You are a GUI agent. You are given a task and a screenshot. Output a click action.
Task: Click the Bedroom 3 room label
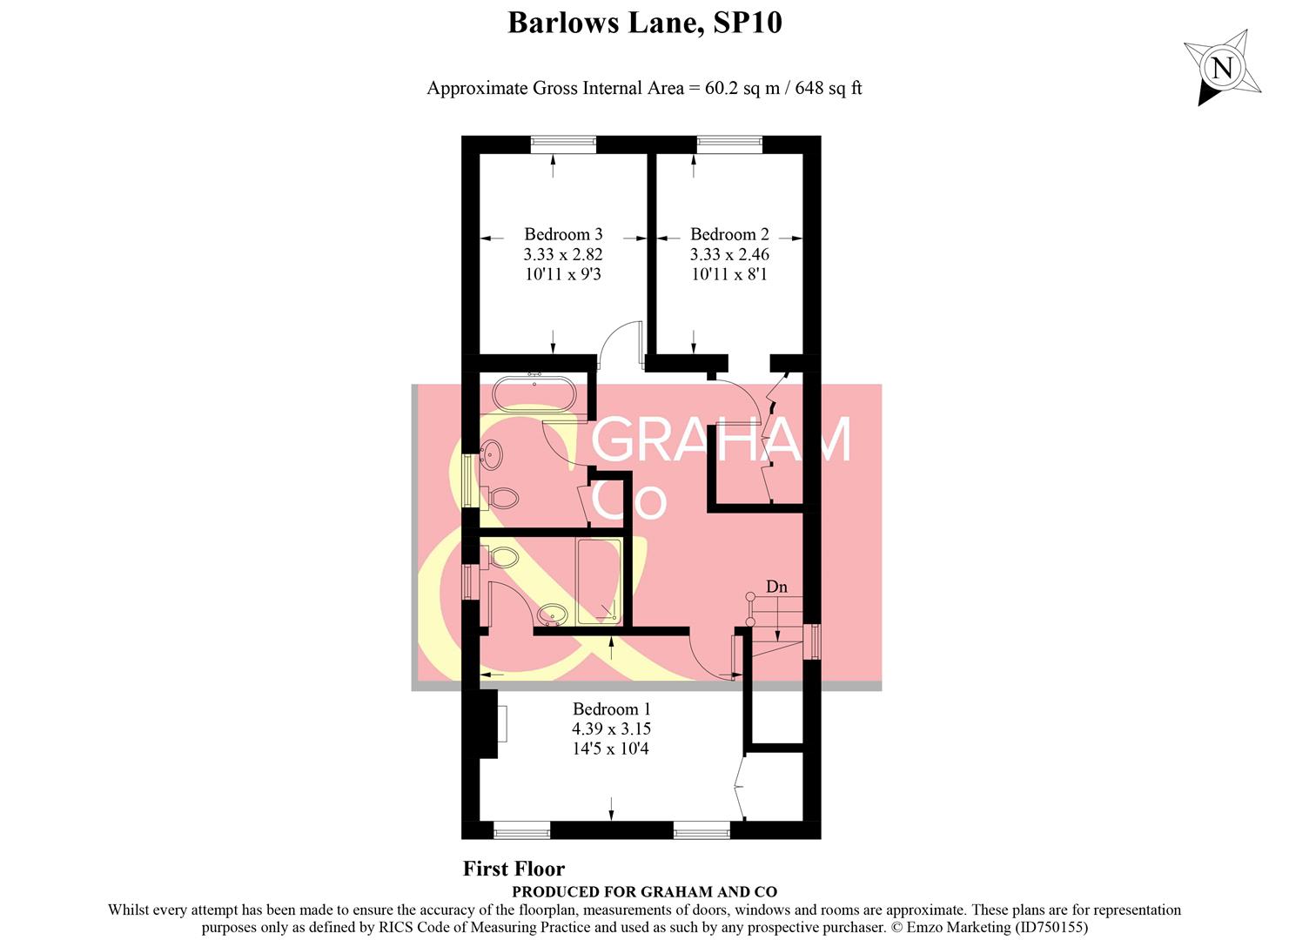[x=563, y=234]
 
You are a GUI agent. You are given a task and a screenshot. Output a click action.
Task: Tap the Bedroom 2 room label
[x=729, y=234]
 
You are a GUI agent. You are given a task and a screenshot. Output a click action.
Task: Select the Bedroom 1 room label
[x=611, y=709]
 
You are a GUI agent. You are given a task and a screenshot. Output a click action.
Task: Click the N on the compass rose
[x=1223, y=68]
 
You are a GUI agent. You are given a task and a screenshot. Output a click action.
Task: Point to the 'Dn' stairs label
[x=776, y=587]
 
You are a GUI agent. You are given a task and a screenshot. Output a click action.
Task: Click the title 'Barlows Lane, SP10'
[x=644, y=23]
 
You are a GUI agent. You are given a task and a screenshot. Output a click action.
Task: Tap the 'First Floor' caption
[x=514, y=869]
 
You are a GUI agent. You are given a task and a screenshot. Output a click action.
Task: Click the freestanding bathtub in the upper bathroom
[x=534, y=393]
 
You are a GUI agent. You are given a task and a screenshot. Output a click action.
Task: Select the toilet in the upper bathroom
[x=502, y=499]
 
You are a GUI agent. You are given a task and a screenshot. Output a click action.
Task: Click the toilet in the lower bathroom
[x=502, y=556]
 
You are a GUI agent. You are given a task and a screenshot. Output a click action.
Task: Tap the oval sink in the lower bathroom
[x=551, y=614]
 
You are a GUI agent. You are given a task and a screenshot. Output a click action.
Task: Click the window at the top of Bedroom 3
[x=563, y=144]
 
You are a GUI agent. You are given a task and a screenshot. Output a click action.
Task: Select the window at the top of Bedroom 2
[x=729, y=144]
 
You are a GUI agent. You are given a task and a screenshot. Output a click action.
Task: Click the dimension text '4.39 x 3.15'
[x=611, y=729]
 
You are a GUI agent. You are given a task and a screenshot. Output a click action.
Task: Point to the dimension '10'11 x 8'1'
[x=729, y=274]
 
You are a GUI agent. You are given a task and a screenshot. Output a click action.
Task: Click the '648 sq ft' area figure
[x=828, y=88]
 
